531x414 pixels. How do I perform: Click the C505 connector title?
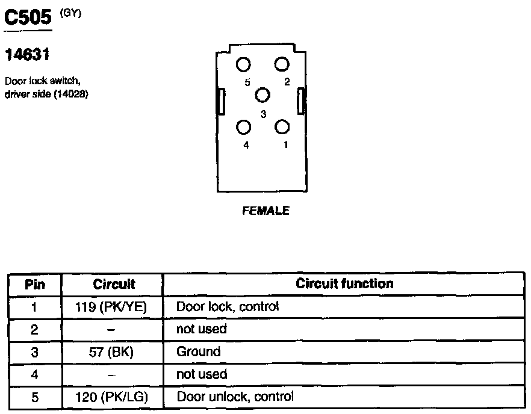tap(28, 19)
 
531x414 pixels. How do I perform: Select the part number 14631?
tap(26, 55)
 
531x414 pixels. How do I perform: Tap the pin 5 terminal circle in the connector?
tap(244, 65)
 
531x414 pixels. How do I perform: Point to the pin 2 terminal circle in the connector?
tap(282, 65)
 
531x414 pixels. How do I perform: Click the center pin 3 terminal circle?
tap(262, 95)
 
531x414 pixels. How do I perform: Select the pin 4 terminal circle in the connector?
tap(244, 127)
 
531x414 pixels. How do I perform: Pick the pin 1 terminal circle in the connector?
tap(282, 127)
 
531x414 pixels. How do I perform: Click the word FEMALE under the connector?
tap(265, 211)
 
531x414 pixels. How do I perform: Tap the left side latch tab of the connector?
tap(221, 101)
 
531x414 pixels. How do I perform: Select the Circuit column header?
tap(114, 284)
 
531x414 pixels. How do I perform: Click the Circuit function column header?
tap(344, 283)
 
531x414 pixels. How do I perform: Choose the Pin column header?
tap(35, 284)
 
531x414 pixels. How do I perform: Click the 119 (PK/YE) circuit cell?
tap(113, 307)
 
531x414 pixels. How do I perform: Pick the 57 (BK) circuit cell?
tap(113, 352)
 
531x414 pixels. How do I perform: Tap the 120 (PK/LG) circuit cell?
tap(113, 397)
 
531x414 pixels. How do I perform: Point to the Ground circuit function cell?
tap(199, 351)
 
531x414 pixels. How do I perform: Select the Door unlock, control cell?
tap(235, 397)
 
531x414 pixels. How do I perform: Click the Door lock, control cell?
tap(228, 306)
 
